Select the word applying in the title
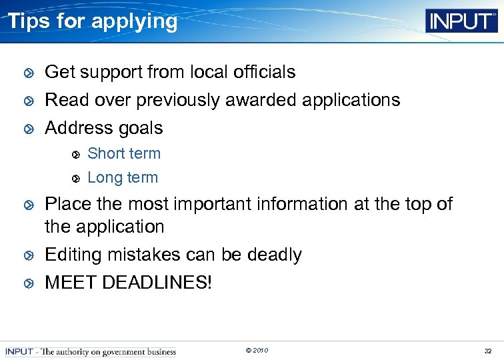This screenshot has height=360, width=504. pyautogui.click(x=135, y=22)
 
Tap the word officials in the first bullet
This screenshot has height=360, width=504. pyautogui.click(x=265, y=72)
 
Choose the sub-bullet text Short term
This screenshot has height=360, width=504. pyautogui.click(x=124, y=153)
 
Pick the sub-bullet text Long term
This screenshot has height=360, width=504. pyautogui.click(x=123, y=178)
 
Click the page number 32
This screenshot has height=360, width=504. pyautogui.click(x=488, y=351)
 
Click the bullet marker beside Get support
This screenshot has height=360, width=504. pyautogui.click(x=27, y=73)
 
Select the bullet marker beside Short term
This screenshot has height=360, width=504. pyautogui.click(x=76, y=155)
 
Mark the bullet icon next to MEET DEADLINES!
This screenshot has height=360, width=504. pyautogui.click(x=27, y=283)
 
